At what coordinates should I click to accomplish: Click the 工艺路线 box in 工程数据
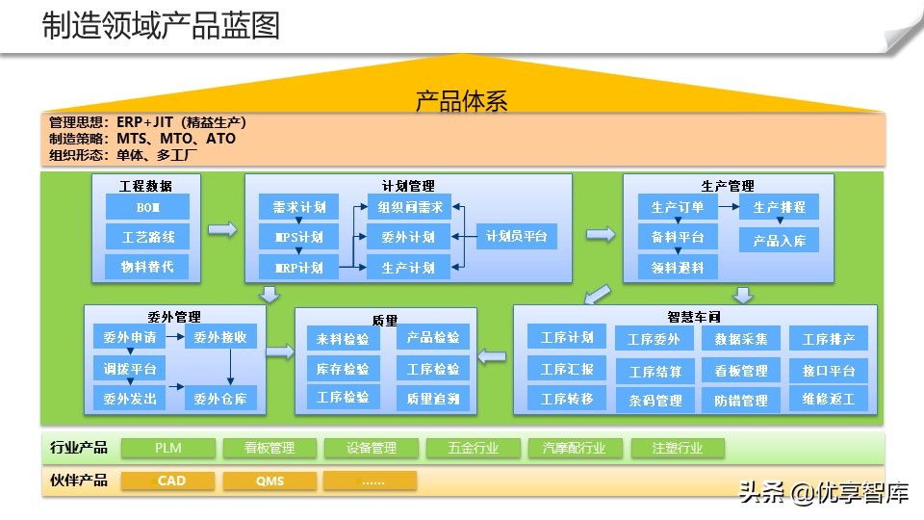(x=147, y=237)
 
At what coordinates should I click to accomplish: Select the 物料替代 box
(x=147, y=267)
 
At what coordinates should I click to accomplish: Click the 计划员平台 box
(x=517, y=236)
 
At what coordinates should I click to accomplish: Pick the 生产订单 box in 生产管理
(x=678, y=207)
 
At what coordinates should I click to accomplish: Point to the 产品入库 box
(x=779, y=240)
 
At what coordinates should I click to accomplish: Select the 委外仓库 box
(x=220, y=398)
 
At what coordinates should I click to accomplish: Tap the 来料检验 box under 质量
(x=342, y=339)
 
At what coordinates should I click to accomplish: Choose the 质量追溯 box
(x=432, y=398)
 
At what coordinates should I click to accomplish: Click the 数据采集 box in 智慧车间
(x=740, y=338)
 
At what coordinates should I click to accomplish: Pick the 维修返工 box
(x=829, y=398)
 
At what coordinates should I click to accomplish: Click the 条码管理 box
(x=654, y=400)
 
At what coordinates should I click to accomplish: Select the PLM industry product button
(x=168, y=448)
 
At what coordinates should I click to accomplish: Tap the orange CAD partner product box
(x=171, y=480)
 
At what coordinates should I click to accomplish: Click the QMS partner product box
(x=269, y=480)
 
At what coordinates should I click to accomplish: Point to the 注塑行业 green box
(x=677, y=448)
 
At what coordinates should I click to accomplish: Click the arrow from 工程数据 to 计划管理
(x=222, y=229)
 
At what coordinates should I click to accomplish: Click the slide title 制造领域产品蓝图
(x=161, y=26)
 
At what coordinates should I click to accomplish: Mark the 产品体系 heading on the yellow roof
(x=461, y=100)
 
